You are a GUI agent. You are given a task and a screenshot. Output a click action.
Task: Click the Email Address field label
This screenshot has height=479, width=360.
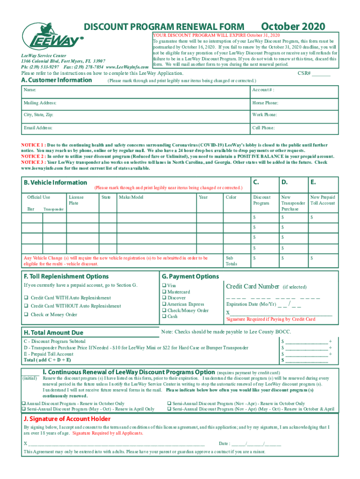[x=38, y=128]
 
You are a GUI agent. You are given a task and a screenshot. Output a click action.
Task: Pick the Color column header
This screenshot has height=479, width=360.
[x=231, y=197]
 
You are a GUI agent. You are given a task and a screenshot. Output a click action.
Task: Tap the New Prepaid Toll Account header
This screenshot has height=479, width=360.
[x=323, y=200]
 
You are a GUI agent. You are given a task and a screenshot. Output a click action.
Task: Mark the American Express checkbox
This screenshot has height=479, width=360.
[x=164, y=305]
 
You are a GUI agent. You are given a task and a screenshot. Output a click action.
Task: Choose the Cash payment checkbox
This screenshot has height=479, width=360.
[x=164, y=317]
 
